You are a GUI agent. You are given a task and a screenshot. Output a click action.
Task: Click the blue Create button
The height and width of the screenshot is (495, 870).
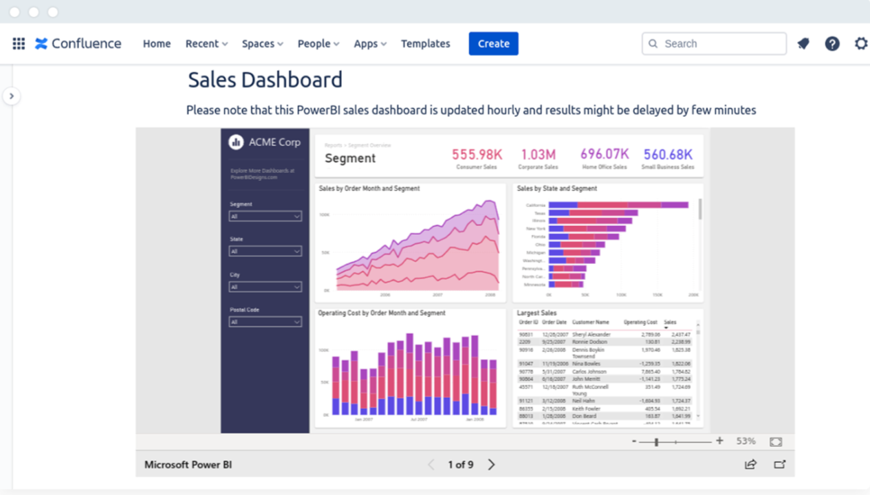(x=493, y=43)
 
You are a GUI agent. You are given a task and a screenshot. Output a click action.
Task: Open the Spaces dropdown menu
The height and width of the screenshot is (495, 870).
(x=262, y=43)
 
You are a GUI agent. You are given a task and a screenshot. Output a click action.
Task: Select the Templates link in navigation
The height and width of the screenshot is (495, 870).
(x=425, y=43)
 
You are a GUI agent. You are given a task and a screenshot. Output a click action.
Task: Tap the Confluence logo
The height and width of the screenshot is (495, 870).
(x=78, y=43)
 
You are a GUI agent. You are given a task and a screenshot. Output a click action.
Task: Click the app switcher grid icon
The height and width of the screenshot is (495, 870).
(x=19, y=43)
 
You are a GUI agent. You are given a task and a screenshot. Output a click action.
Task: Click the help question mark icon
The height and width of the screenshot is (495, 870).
(x=832, y=43)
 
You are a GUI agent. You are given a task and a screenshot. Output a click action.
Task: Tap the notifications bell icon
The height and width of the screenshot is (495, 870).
(x=803, y=43)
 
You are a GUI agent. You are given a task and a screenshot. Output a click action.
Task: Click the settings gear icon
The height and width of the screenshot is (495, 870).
(x=861, y=43)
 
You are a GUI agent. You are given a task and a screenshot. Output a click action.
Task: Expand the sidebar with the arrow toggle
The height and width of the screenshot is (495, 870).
(x=11, y=96)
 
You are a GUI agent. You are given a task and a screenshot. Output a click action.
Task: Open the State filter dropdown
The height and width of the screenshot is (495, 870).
(x=265, y=252)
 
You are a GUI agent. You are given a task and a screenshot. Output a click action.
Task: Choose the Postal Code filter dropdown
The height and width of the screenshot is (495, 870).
(x=265, y=322)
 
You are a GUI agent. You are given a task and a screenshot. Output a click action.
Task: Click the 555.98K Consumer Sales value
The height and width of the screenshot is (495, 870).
(x=477, y=155)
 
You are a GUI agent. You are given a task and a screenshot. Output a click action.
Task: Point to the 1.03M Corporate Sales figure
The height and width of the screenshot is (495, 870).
(x=538, y=155)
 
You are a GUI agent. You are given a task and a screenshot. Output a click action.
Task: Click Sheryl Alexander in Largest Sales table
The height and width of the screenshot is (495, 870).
(x=591, y=334)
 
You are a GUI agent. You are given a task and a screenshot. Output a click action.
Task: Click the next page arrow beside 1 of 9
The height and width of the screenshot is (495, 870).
(x=491, y=465)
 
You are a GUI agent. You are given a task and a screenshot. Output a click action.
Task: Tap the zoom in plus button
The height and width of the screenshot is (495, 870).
(x=719, y=441)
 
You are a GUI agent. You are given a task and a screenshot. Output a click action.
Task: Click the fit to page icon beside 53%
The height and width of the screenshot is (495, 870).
(x=776, y=441)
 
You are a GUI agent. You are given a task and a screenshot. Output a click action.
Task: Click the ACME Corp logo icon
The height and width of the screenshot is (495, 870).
(x=236, y=142)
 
